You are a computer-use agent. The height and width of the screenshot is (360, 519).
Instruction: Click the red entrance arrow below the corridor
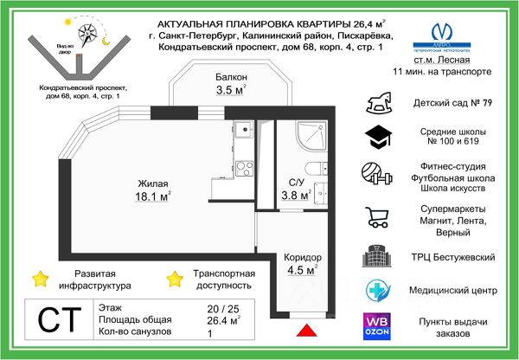tap(304, 330)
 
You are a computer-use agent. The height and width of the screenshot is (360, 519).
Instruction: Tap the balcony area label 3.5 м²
tap(232, 89)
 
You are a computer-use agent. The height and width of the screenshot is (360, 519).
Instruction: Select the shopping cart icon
tap(377, 218)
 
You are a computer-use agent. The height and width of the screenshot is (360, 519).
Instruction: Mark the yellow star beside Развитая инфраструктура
tap(40, 278)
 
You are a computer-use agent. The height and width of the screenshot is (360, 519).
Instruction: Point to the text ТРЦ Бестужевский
tap(447, 258)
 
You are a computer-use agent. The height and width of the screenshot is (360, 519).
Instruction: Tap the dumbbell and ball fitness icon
tap(379, 177)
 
